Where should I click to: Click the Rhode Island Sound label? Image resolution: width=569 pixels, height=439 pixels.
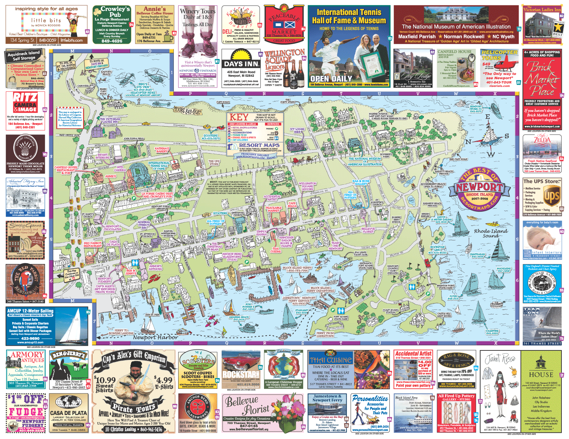pos(491,233)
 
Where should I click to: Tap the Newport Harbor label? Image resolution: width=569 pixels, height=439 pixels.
pos(155,337)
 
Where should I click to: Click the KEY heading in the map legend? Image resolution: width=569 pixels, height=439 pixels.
pos(239,117)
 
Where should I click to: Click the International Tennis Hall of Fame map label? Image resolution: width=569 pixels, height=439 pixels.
pos(159,166)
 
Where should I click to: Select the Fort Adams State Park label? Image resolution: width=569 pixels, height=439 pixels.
pos(341,317)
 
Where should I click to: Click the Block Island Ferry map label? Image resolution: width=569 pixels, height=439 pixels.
pos(297,269)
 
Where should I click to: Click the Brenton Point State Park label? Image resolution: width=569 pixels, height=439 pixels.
pos(446,287)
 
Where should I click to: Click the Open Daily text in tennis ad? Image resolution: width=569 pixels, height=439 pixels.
pos(331,79)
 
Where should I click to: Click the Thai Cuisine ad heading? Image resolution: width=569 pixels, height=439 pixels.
pos(331,360)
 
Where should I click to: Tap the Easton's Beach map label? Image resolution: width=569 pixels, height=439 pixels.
pos(106,73)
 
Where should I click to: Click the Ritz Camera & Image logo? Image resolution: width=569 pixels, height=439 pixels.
pos(25,103)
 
